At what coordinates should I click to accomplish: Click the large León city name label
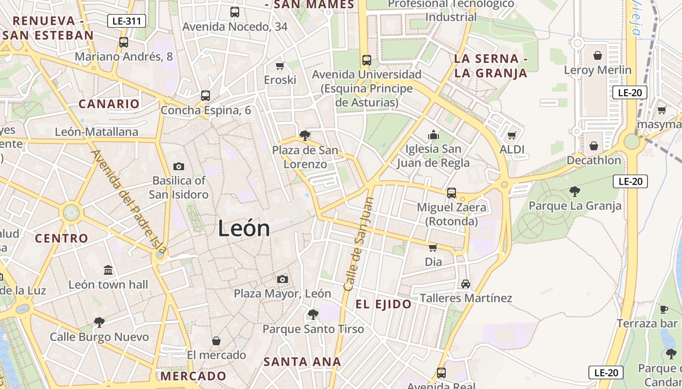pos(244,228)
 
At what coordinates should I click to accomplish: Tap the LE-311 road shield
pos(126,21)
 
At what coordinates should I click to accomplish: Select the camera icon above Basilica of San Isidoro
pos(179,166)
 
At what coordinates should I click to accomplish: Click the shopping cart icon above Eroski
pos(280,66)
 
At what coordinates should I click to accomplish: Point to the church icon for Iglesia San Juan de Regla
pos(433,135)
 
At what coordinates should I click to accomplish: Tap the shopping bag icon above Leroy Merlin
pos(597,55)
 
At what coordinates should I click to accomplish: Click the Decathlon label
pos(593,160)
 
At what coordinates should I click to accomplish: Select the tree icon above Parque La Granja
pos(575,191)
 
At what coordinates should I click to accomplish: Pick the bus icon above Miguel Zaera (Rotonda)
pos(452,193)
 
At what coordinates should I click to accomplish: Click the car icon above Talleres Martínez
pos(465,283)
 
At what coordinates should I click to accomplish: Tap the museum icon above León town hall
pos(108,270)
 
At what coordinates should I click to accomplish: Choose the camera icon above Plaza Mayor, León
pos(282,279)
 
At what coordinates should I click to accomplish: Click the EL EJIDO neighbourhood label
pos(383,304)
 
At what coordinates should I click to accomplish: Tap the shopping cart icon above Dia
pos(433,248)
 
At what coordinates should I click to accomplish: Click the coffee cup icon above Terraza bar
pos(663,309)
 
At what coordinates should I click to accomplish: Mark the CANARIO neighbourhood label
pos(109,104)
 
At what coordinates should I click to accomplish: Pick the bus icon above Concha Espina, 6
pos(205,96)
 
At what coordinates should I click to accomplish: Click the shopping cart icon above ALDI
pos(511,135)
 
